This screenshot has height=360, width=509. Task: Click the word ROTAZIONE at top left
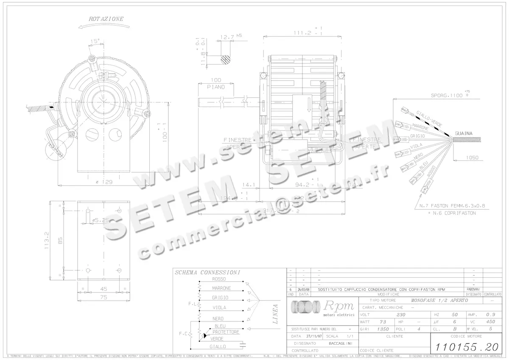(106, 19)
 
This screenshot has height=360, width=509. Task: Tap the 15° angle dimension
(95, 41)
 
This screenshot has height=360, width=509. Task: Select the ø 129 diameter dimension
(103, 182)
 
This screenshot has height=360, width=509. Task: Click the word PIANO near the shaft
(215, 87)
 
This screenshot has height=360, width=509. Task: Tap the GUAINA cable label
(464, 133)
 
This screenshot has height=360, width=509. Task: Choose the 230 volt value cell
(400, 315)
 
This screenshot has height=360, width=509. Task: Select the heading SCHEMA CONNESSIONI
(208, 272)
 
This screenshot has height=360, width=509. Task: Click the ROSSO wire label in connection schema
(218, 279)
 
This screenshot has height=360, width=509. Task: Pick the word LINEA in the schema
(274, 314)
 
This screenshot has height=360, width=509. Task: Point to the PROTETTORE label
(226, 332)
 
